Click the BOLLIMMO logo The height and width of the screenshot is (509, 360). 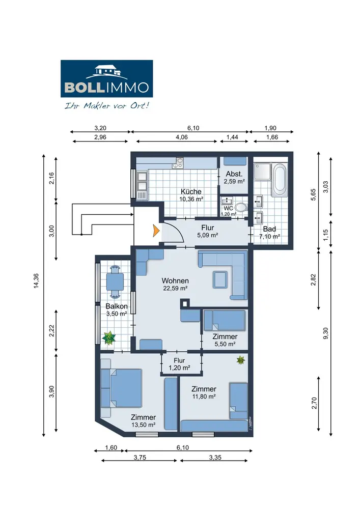[x=106, y=78]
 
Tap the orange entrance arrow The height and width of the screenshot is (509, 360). [x=156, y=231]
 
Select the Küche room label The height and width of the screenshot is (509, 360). [x=191, y=191]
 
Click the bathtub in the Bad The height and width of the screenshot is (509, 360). [x=279, y=180]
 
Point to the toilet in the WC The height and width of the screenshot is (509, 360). [x=240, y=207]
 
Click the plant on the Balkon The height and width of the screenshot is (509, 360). [x=109, y=338]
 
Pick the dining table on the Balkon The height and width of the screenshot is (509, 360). [x=115, y=282]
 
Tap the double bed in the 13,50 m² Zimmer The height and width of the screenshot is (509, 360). [x=121, y=388]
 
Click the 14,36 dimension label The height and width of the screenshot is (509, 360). [x=36, y=281]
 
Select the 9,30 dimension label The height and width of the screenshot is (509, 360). [x=326, y=333]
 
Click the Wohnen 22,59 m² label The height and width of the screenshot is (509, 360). [x=175, y=284]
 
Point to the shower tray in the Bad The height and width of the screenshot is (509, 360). [x=262, y=172]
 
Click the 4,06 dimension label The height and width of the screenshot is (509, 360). [x=182, y=137]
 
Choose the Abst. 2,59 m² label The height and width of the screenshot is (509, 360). [x=234, y=178]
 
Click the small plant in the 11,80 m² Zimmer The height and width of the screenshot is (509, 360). [x=240, y=360]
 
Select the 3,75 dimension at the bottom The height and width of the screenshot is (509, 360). [x=140, y=458]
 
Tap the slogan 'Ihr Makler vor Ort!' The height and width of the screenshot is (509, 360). [x=107, y=106]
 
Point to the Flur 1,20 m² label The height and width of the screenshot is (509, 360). [x=179, y=364]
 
